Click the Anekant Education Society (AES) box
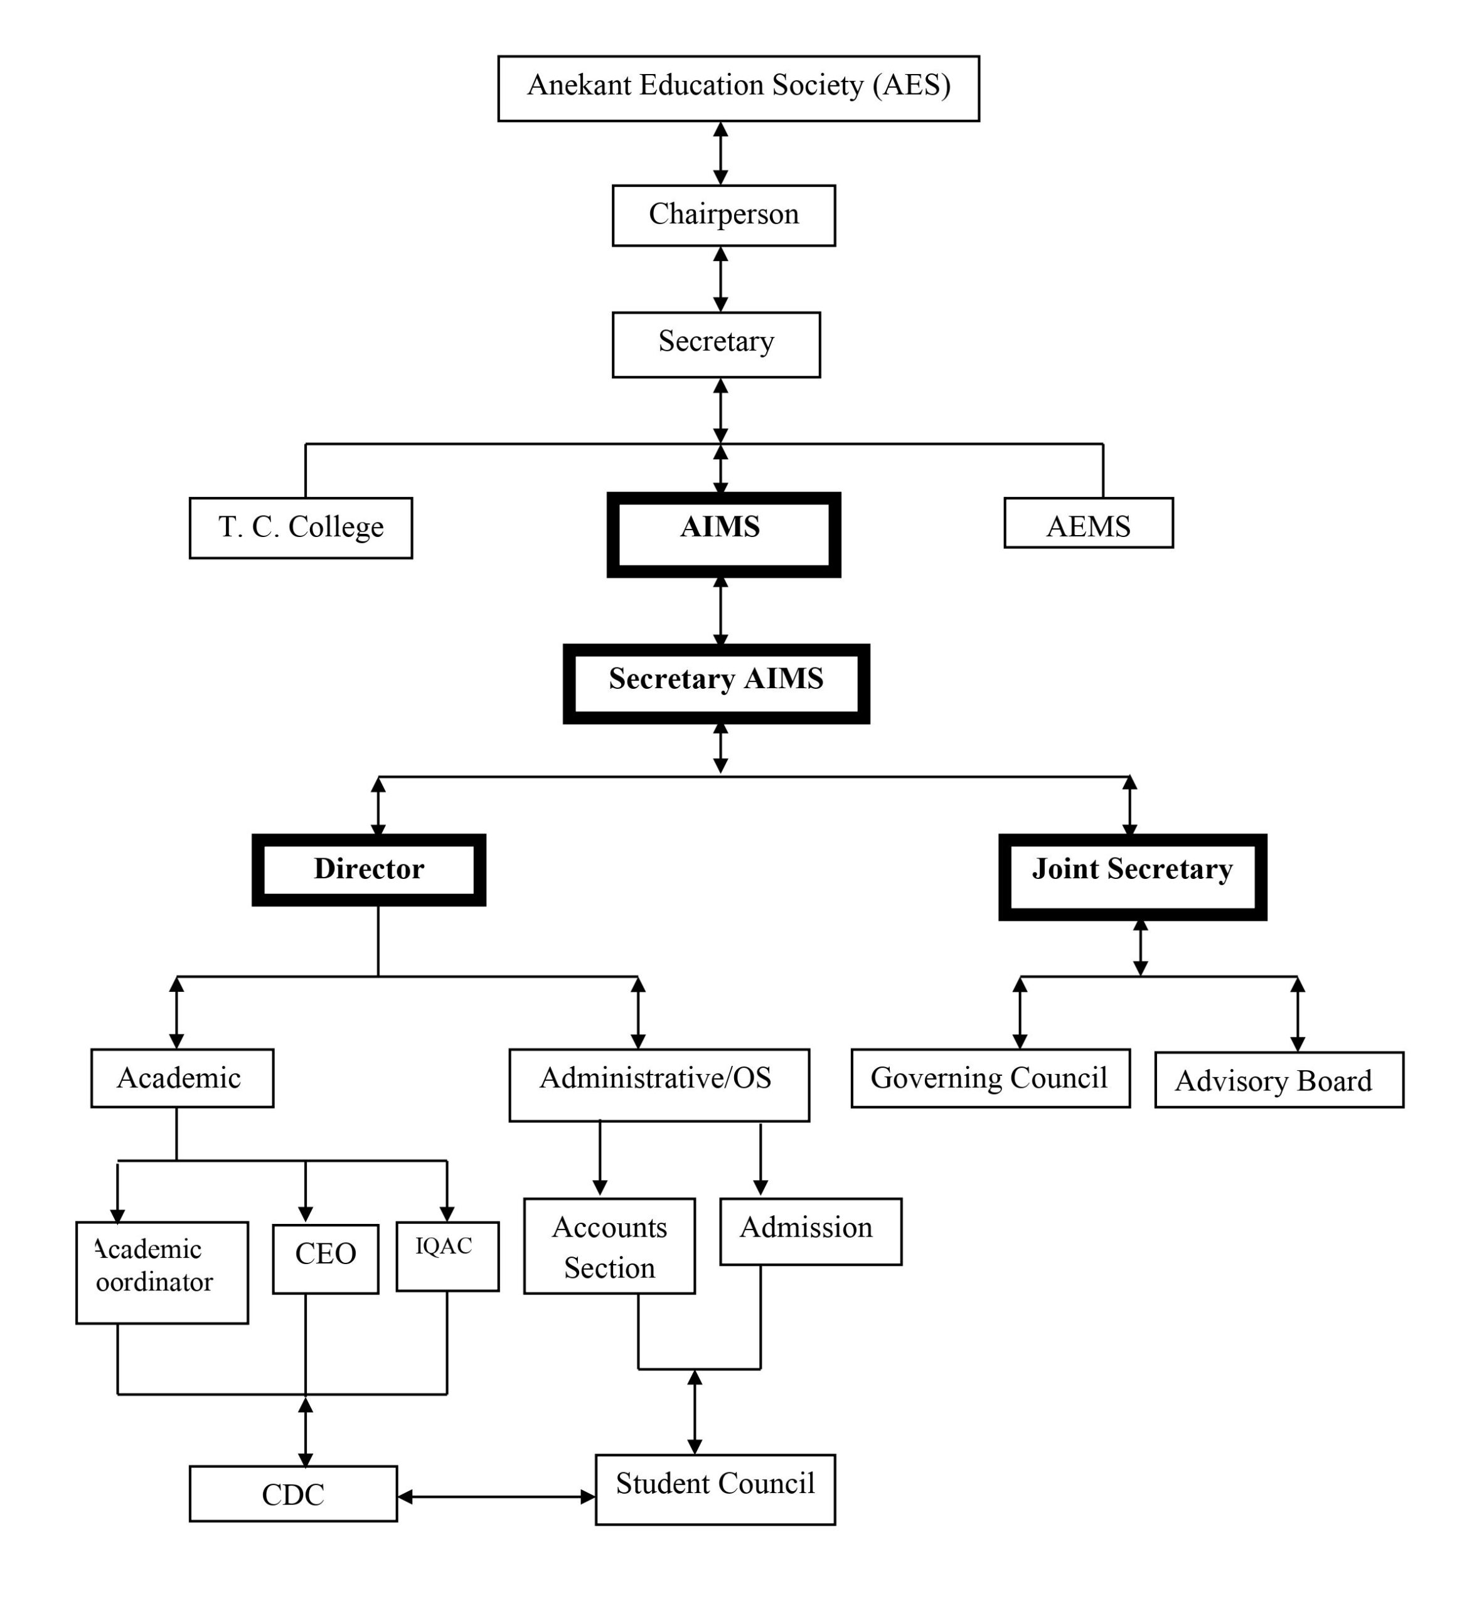tap(738, 88)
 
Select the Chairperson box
tap(723, 215)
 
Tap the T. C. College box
tap(301, 528)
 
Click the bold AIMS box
tap(723, 534)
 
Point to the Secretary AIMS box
tap(715, 684)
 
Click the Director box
tap(368, 869)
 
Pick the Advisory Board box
tap(1278, 1080)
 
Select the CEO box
tap(325, 1258)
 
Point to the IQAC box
tap(447, 1257)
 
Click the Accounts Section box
tap(609, 1246)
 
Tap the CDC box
tap(292, 1494)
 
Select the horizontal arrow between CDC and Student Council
tap(496, 1497)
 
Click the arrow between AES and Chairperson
tap(720, 153)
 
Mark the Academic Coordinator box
tap(162, 1272)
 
